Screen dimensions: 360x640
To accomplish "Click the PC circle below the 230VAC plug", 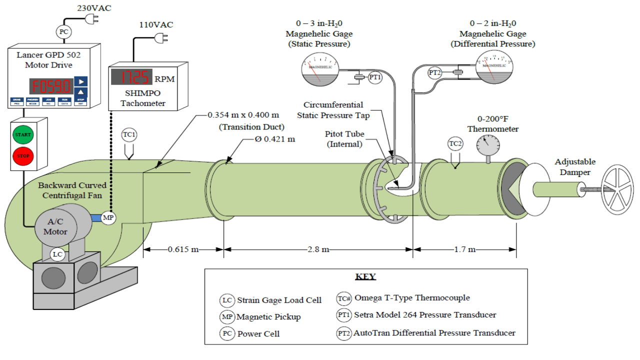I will pos(63,32).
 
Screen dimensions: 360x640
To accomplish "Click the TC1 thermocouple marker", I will pos(129,135).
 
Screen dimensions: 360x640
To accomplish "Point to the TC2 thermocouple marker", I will pos(454,144).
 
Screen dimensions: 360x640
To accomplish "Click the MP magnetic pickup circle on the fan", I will pos(108,217).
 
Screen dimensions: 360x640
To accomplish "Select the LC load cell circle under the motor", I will pos(58,254).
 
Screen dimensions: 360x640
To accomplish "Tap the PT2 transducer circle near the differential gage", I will pos(435,72).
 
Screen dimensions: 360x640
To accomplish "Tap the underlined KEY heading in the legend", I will pos(365,276).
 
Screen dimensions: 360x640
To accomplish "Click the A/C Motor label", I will pos(55,227).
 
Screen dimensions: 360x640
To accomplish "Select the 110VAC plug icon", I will pos(162,38).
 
